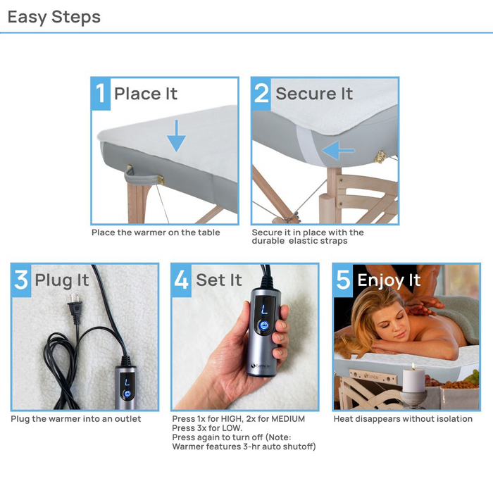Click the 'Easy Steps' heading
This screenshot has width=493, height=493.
[x=54, y=17]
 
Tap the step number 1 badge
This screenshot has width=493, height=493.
[x=101, y=94]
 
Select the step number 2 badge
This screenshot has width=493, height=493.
[x=261, y=94]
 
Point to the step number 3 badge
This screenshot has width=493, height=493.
[x=21, y=280]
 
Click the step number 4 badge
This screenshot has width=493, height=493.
[x=182, y=280]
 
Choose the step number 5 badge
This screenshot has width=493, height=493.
[x=343, y=280]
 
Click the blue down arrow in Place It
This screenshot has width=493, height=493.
[x=176, y=136]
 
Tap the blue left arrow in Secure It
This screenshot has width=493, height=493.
[x=338, y=150]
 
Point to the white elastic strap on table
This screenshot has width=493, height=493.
[x=306, y=144]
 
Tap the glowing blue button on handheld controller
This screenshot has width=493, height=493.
[x=263, y=325]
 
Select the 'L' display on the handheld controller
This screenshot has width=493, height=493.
[x=264, y=310]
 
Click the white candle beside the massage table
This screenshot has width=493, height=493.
[x=413, y=379]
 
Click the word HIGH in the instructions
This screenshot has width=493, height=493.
[x=231, y=419]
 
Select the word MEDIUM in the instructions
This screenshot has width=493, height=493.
[x=288, y=419]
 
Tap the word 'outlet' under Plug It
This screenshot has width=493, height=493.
[x=130, y=419]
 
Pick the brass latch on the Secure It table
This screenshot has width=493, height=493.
[x=380, y=157]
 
